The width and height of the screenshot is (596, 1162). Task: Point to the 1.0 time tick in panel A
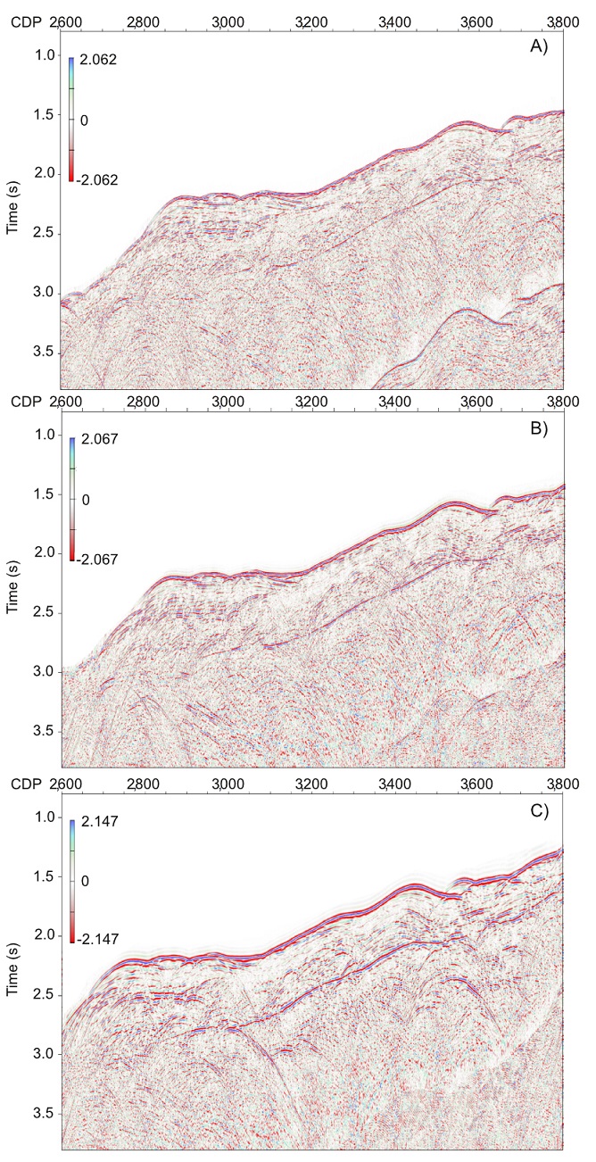pyautogui.click(x=45, y=55)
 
